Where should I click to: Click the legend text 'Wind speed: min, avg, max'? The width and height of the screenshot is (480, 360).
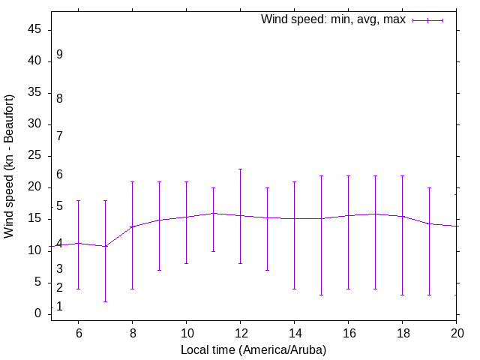pyautogui.click(x=333, y=19)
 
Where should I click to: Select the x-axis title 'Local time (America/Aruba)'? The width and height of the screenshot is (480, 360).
pyautogui.click(x=253, y=350)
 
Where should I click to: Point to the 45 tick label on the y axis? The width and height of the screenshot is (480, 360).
pyautogui.click(x=35, y=30)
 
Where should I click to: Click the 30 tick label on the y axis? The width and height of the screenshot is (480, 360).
pyautogui.click(x=35, y=124)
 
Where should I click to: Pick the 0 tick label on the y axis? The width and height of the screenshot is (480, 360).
pyautogui.click(x=38, y=313)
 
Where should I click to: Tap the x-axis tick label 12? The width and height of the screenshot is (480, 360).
pyautogui.click(x=240, y=331)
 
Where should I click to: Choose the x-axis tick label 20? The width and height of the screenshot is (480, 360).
pyautogui.click(x=456, y=331)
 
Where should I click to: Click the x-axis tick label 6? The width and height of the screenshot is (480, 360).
pyautogui.click(x=78, y=331)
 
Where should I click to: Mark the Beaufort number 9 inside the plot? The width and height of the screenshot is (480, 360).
pyautogui.click(x=59, y=55)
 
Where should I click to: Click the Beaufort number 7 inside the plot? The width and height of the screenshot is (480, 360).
pyautogui.click(x=59, y=136)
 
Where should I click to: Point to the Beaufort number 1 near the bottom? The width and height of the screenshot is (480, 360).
pyautogui.click(x=59, y=307)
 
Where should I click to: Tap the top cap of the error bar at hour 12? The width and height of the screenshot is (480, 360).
pyautogui.click(x=240, y=169)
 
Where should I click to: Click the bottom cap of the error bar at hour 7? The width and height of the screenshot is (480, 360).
pyautogui.click(x=105, y=301)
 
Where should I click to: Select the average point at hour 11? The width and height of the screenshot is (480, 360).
pyautogui.click(x=213, y=213)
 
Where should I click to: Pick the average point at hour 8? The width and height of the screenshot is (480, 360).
pyautogui.click(x=132, y=226)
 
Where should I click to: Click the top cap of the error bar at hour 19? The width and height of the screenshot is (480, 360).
pyautogui.click(x=429, y=187)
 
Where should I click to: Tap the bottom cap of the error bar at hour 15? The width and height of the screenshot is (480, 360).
pyautogui.click(x=321, y=295)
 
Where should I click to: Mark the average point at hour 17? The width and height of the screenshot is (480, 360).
pyautogui.click(x=375, y=214)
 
